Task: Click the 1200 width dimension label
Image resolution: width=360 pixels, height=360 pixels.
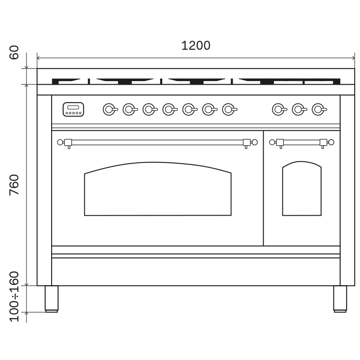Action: tap(195, 46)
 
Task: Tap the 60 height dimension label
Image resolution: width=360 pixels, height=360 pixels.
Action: tap(14, 52)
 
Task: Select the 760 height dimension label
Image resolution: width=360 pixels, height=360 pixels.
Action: tap(14, 184)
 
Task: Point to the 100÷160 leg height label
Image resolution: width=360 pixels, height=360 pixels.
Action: tap(14, 296)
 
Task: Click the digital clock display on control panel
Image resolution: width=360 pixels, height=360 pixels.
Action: tap(73, 109)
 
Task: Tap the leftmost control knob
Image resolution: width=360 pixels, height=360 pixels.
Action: tap(109, 109)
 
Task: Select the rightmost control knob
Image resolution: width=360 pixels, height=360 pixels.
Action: tap(318, 109)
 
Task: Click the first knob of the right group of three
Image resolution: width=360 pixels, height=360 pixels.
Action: tap(278, 109)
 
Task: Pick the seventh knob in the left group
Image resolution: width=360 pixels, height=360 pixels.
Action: tap(228, 109)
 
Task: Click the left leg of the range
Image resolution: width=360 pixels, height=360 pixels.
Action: tap(52, 298)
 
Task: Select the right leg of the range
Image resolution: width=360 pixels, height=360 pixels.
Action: tap(340, 298)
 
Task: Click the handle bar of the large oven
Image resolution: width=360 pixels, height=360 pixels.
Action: tap(157, 142)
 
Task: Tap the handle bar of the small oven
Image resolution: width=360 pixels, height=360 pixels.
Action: tap(301, 142)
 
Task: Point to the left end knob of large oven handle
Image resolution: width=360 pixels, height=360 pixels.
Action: tap(60, 142)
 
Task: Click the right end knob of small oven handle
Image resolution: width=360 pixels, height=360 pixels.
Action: tap(331, 142)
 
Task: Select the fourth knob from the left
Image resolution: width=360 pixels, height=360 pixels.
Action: tap(169, 109)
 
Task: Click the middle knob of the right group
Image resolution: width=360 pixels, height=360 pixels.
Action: tap(298, 109)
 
